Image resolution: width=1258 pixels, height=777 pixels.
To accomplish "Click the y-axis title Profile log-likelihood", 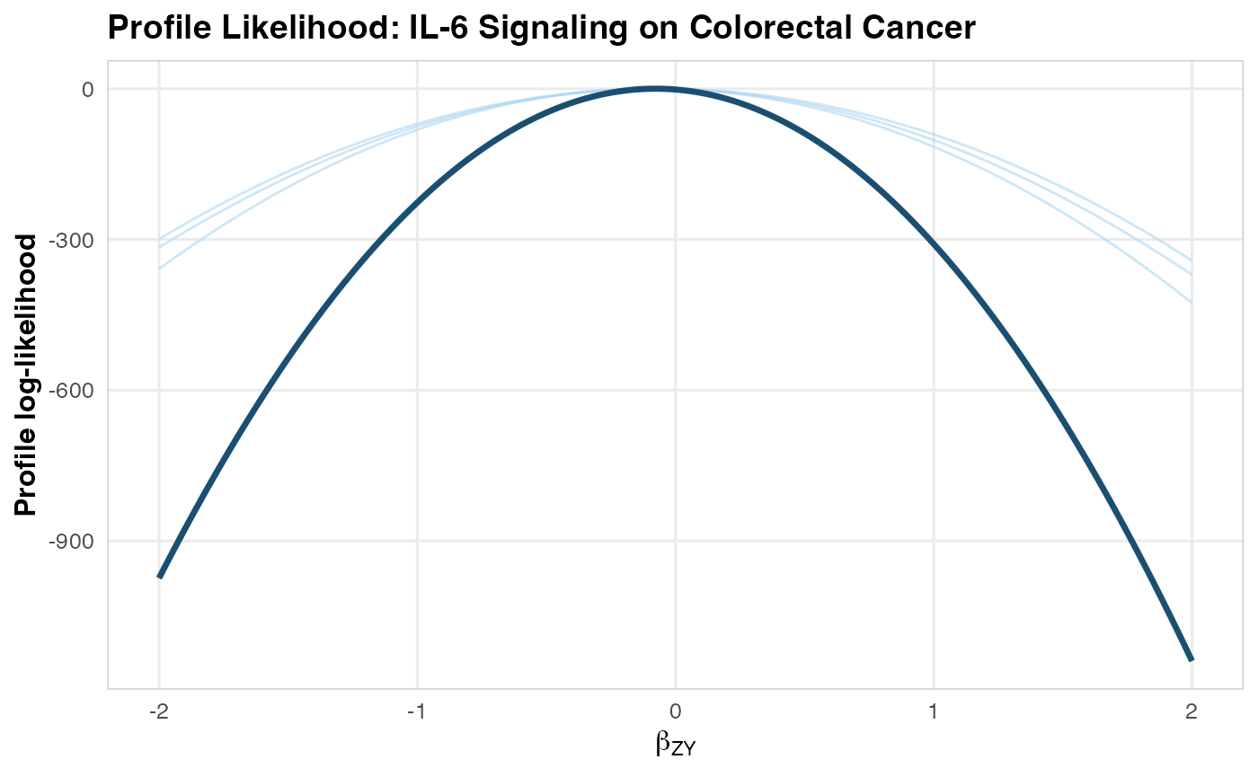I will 28,375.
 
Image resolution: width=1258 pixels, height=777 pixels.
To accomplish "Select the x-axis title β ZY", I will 674,745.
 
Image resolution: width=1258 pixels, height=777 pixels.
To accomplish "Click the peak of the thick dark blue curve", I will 655,89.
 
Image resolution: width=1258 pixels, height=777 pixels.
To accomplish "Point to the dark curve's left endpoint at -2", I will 160,577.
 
